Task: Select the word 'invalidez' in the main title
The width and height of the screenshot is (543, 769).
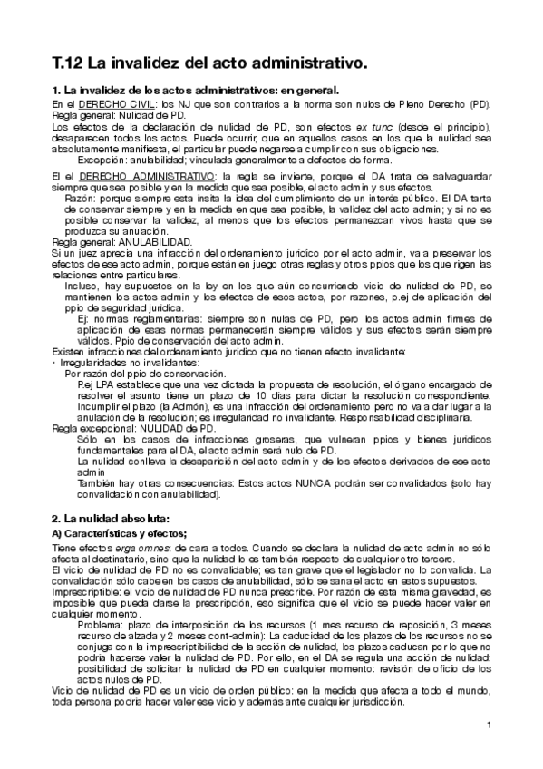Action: (x=147, y=63)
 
